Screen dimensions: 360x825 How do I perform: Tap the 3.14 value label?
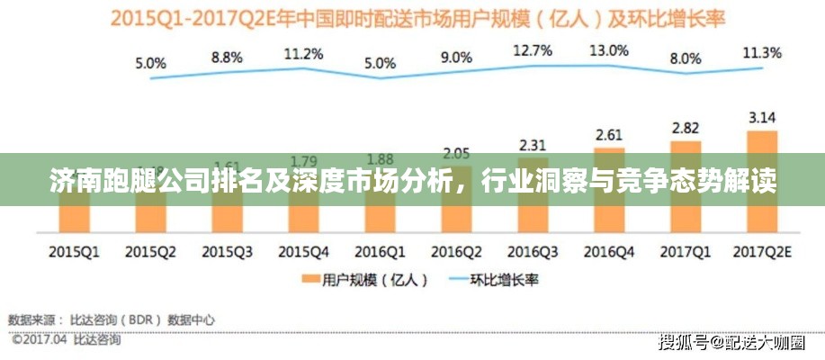coord(761,116)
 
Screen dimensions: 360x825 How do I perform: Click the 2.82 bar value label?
coord(686,128)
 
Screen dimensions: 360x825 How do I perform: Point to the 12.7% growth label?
coord(533,51)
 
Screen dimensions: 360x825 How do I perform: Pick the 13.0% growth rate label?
coord(609,51)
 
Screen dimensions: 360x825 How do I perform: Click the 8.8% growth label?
coord(227,57)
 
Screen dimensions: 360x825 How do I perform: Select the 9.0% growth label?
coord(456,57)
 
